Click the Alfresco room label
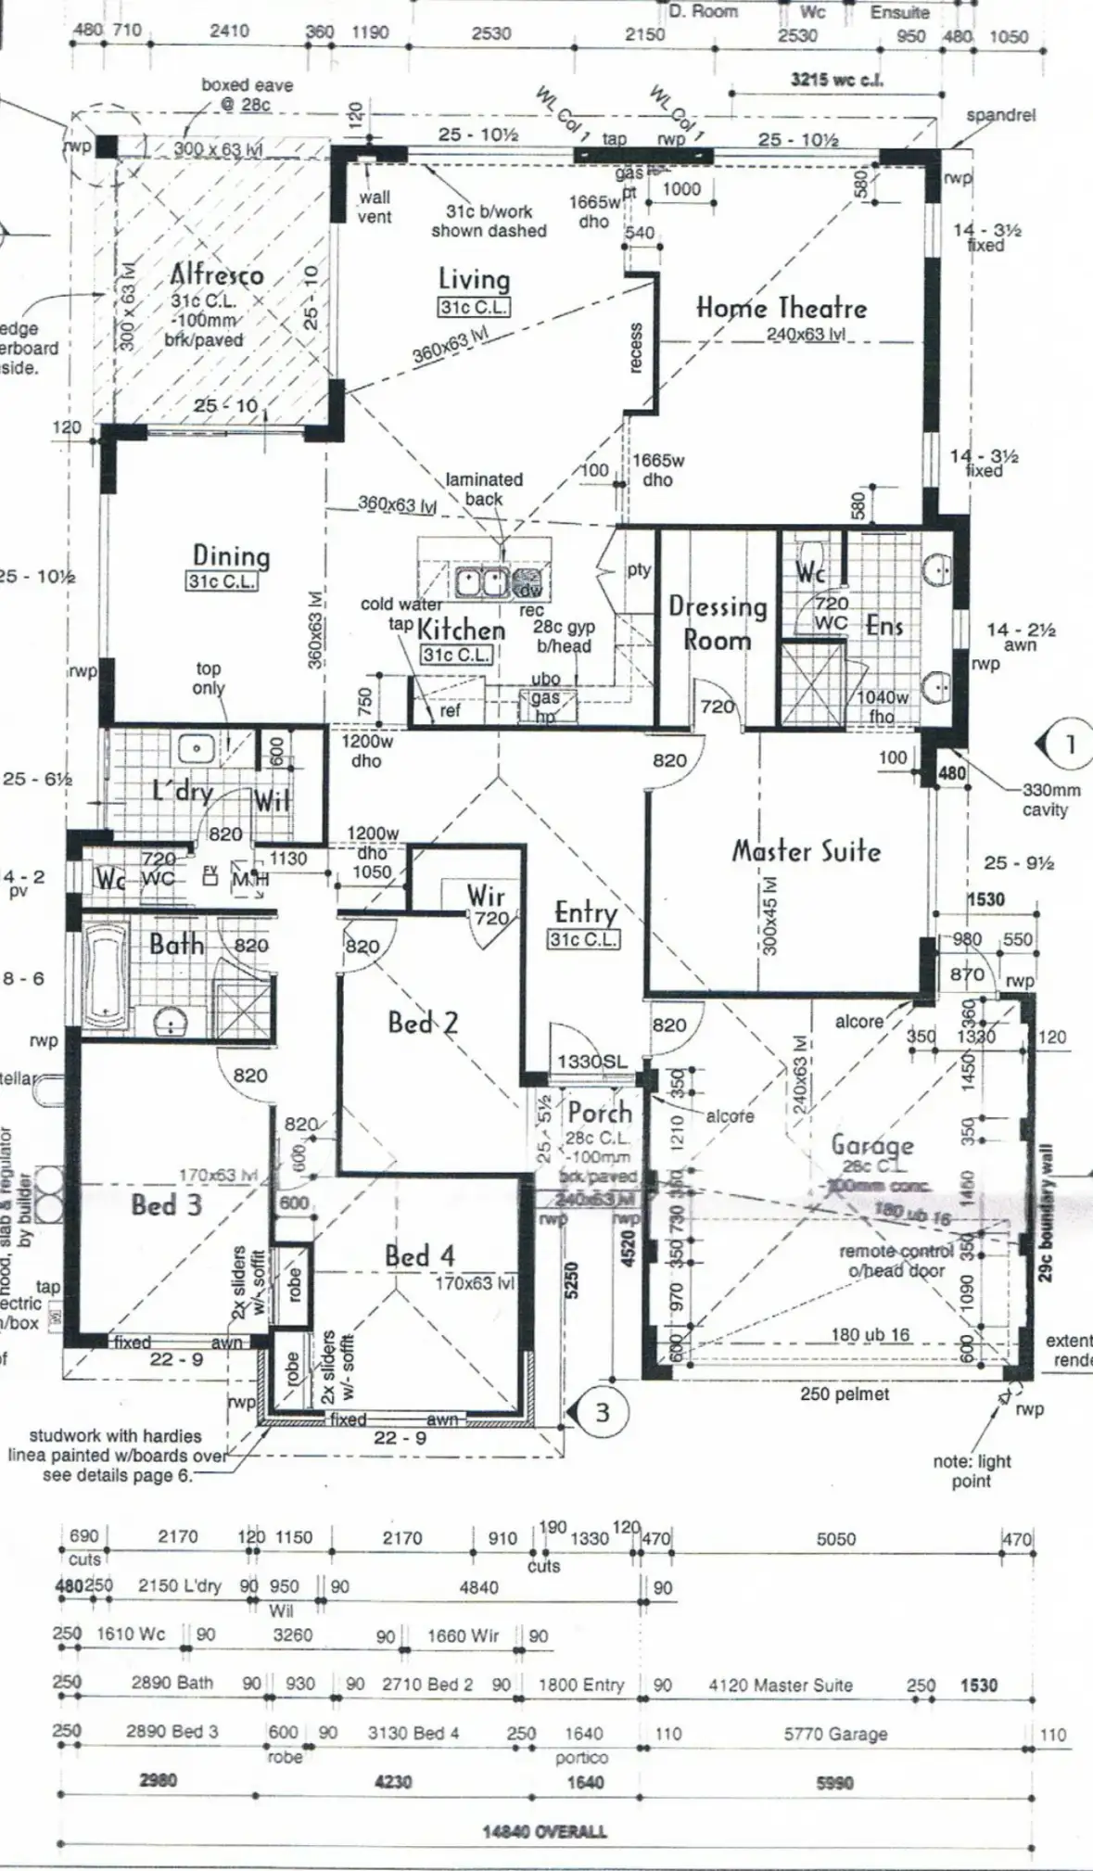(217, 274)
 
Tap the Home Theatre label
(782, 307)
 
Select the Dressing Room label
(718, 623)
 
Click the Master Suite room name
(806, 850)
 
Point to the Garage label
(871, 1145)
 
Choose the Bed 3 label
(166, 1205)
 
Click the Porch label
(599, 1112)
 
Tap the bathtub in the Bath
(104, 973)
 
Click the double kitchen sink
(480, 582)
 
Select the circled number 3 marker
(602, 1412)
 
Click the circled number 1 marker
(1069, 744)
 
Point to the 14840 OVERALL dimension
(544, 1831)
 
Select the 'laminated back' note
(484, 489)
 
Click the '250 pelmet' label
(844, 1394)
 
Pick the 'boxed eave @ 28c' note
(247, 95)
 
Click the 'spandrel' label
(1000, 116)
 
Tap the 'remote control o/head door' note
(896, 1260)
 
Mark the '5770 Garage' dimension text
(835, 1734)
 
